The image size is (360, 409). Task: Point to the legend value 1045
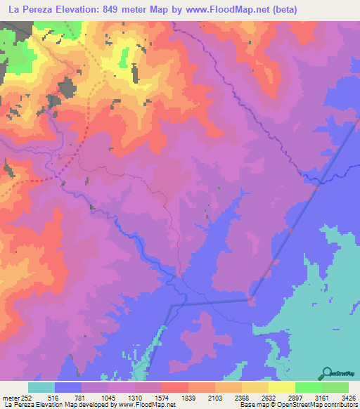point(108,396)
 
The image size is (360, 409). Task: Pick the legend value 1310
point(135,396)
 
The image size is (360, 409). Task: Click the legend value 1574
point(162,396)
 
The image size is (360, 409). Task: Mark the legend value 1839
point(188,396)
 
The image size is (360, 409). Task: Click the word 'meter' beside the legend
point(10,396)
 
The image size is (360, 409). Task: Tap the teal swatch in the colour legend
point(41,387)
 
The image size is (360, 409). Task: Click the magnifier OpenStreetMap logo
point(328,372)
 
